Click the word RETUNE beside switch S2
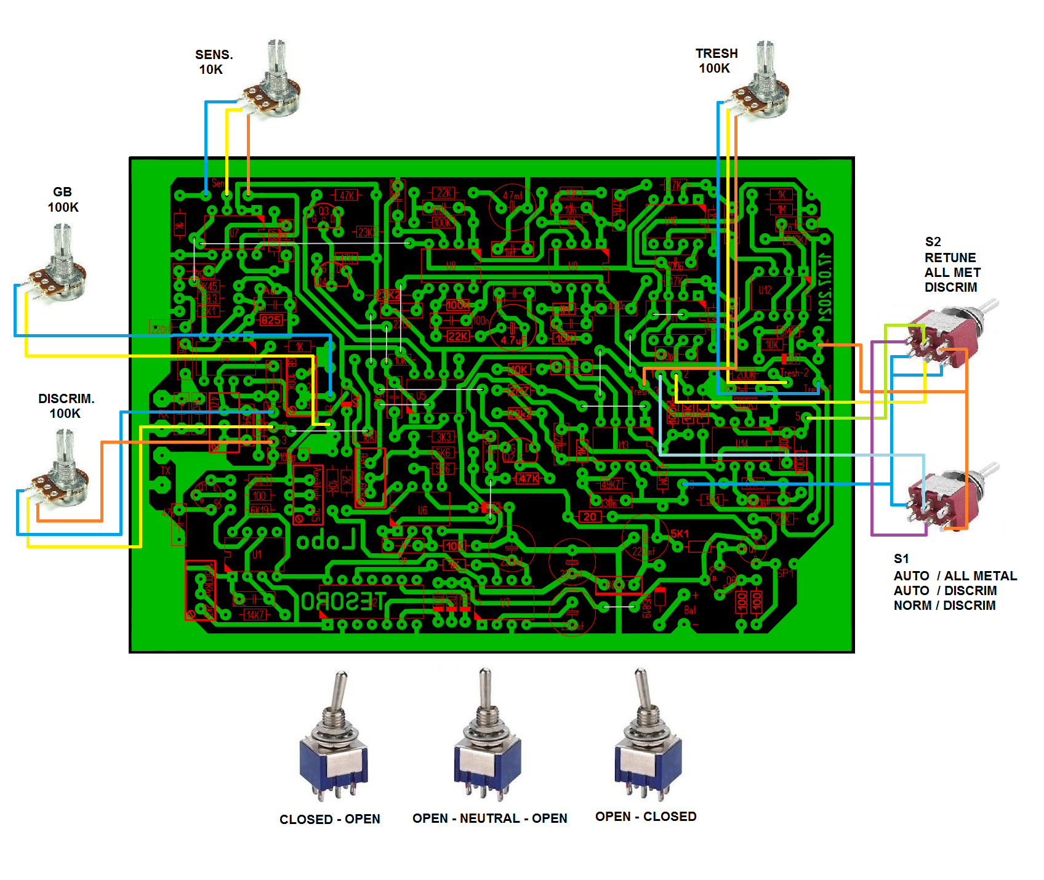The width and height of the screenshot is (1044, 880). (950, 258)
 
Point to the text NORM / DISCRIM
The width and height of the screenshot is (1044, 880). (944, 606)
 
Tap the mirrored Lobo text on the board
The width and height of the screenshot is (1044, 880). (326, 541)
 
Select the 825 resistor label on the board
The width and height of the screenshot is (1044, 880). (271, 320)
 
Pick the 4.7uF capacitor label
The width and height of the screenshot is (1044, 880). (513, 340)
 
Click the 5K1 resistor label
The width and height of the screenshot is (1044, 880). (680, 534)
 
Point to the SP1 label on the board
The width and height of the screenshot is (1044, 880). (785, 573)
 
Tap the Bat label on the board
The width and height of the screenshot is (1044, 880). (690, 610)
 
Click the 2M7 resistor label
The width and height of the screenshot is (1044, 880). (519, 390)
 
